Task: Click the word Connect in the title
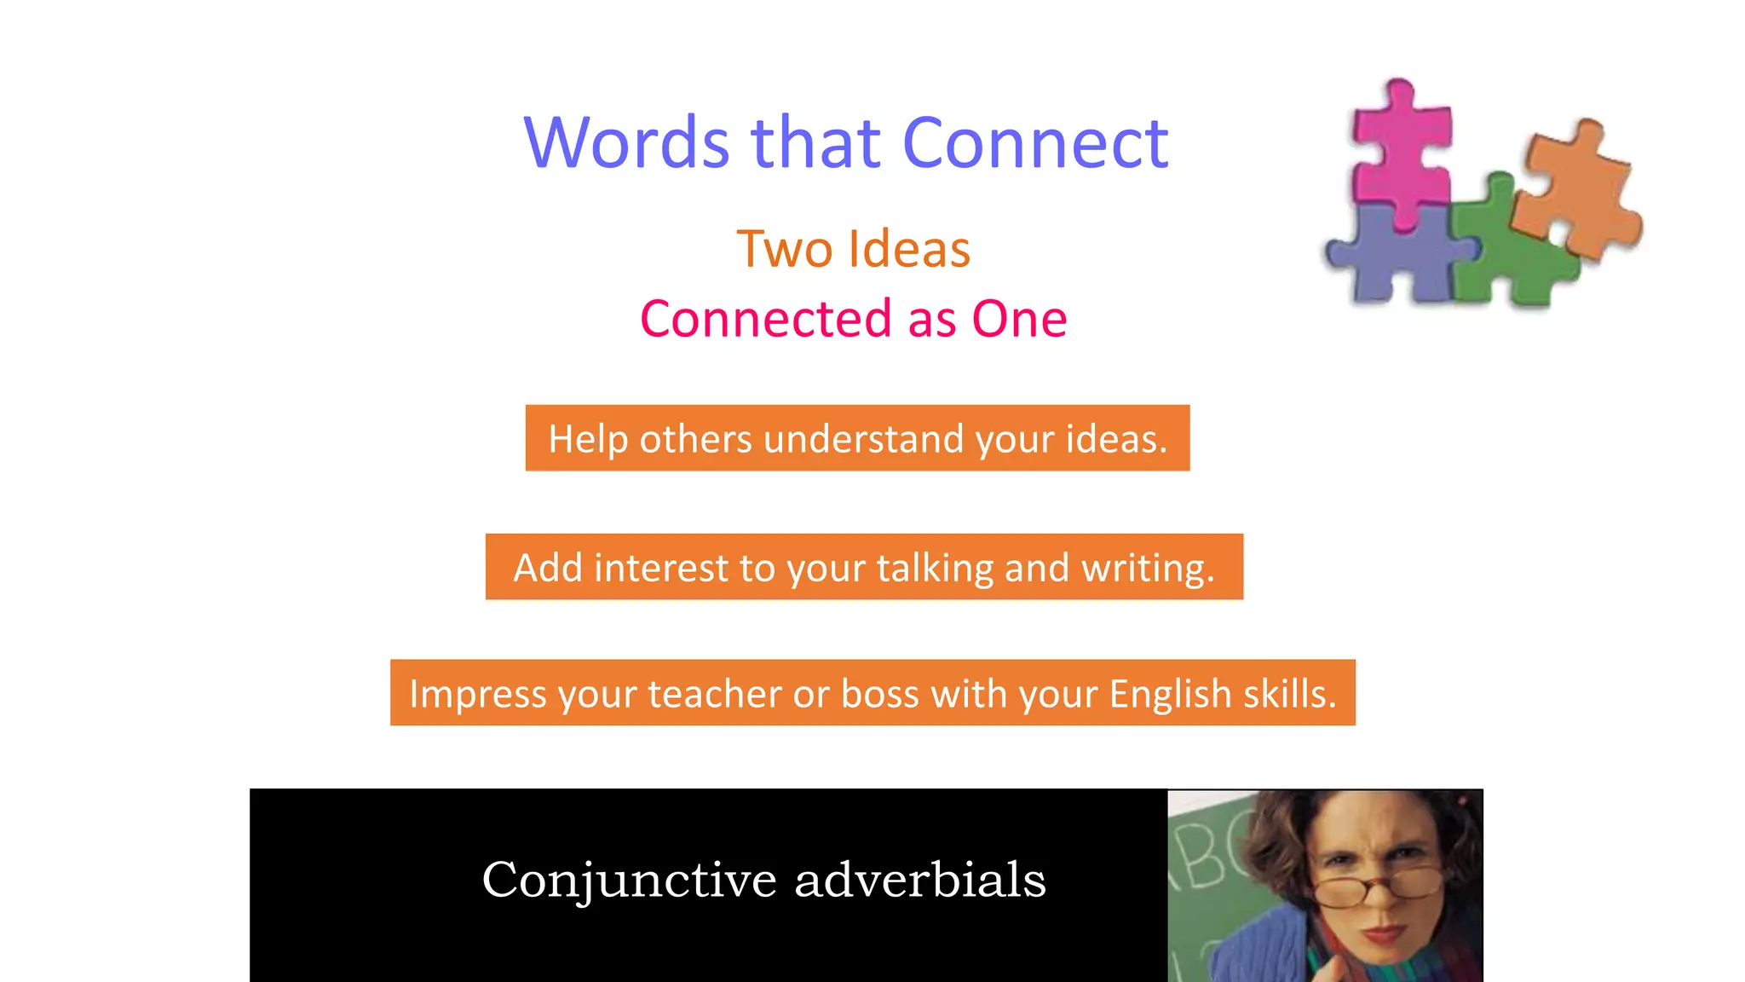(x=1034, y=143)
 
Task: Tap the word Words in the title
(x=627, y=143)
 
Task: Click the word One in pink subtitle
(x=1019, y=320)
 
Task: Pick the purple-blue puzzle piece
(x=1397, y=256)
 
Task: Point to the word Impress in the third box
(x=477, y=694)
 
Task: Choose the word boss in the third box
(x=879, y=694)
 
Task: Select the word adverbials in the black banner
(x=919, y=880)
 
